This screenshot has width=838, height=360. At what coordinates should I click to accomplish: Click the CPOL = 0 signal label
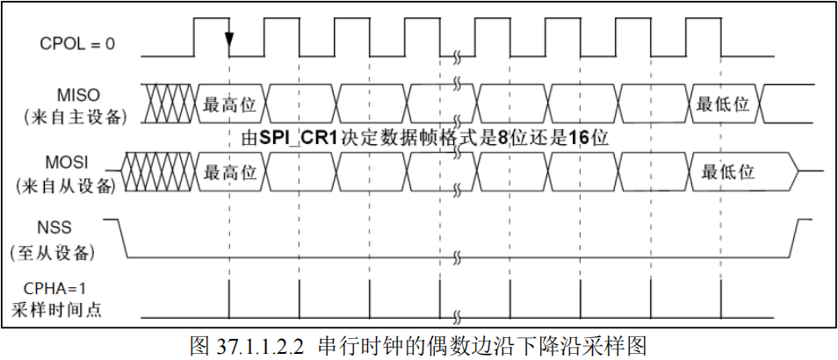77,41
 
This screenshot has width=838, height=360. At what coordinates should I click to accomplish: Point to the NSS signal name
77,229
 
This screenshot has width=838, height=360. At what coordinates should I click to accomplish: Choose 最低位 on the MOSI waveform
728,172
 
